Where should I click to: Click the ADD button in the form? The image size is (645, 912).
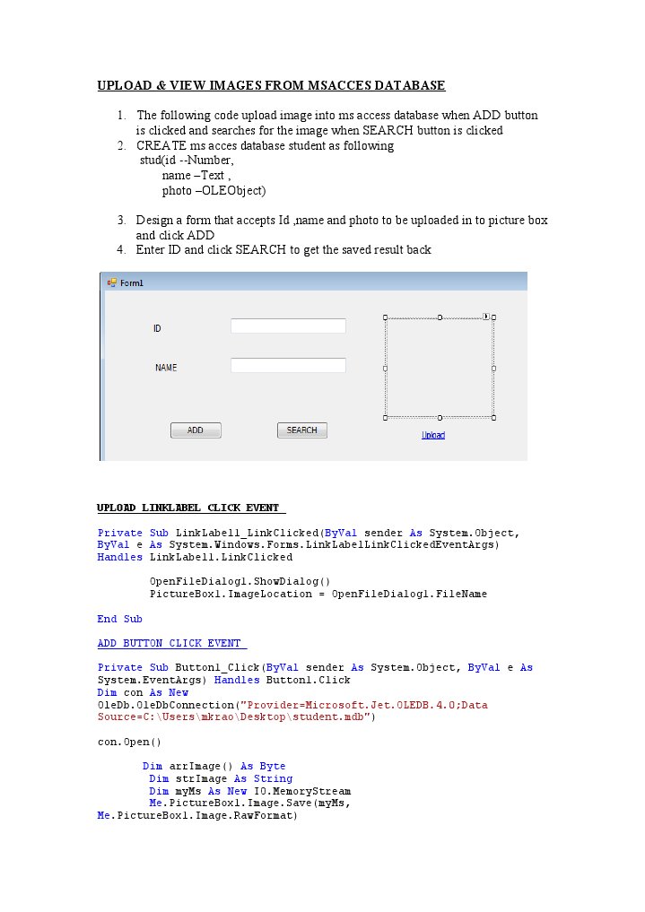pyautogui.click(x=196, y=430)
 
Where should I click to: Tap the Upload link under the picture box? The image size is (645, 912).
pyautogui.click(x=433, y=435)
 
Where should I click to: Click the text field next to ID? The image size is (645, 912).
pyautogui.click(x=288, y=326)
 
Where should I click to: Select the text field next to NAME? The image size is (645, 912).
pyautogui.click(x=288, y=366)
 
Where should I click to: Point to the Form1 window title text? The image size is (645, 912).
pyautogui.click(x=132, y=283)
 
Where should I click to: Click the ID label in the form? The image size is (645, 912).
pyautogui.click(x=157, y=329)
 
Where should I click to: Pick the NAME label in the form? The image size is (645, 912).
pyautogui.click(x=166, y=368)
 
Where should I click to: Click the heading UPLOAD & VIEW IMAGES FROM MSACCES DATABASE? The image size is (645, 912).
pyautogui.click(x=271, y=86)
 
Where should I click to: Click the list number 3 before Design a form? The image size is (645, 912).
pyautogui.click(x=121, y=221)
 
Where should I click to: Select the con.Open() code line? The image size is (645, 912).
pyautogui.click(x=129, y=742)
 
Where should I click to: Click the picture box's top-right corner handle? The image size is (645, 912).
pyautogui.click(x=493, y=317)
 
